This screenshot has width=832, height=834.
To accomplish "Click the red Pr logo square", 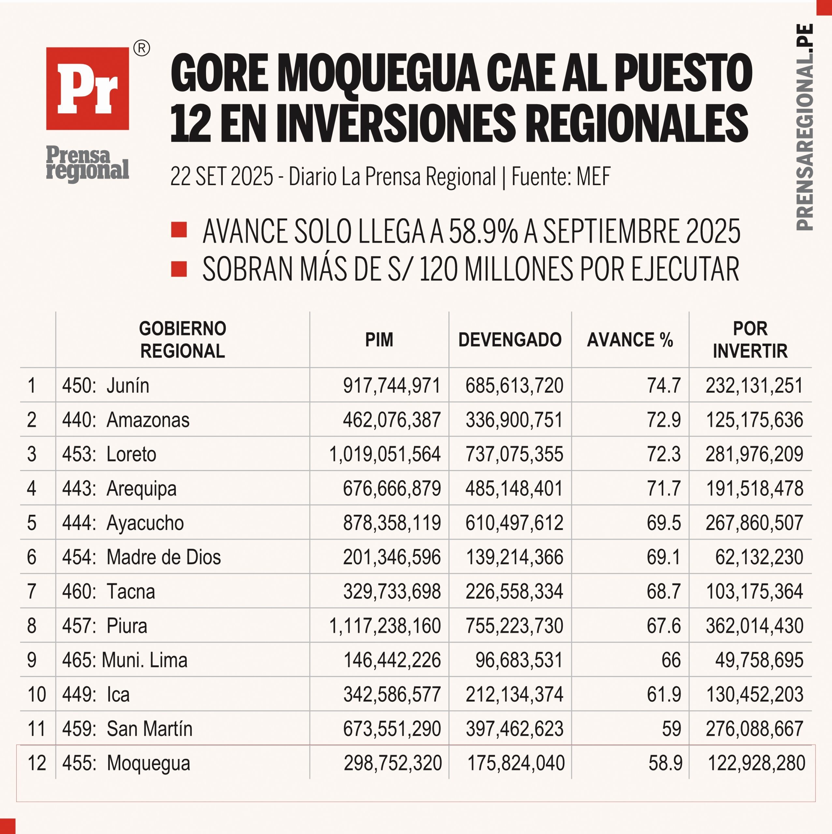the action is point(88,89).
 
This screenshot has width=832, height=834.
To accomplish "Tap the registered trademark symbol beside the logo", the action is point(142,48).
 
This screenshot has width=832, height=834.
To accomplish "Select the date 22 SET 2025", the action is point(222,176).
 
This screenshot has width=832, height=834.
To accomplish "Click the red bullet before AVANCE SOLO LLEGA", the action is point(179,230).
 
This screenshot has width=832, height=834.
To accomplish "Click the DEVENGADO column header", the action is point(510,340).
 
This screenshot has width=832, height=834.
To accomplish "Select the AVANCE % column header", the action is point(630,340).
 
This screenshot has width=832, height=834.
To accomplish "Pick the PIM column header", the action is point(379,340).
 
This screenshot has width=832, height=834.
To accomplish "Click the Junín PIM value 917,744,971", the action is point(392,385).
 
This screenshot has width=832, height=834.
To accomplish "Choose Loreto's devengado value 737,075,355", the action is point(514,454).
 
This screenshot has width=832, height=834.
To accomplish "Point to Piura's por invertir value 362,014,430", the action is point(754,626).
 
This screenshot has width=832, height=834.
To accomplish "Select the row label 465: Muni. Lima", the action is point(125,660).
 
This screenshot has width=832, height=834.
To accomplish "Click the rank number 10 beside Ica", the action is point(37,695).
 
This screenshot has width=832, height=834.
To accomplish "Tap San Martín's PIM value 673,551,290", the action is point(392,729).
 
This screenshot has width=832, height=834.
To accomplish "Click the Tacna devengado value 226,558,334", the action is point(514,591).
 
